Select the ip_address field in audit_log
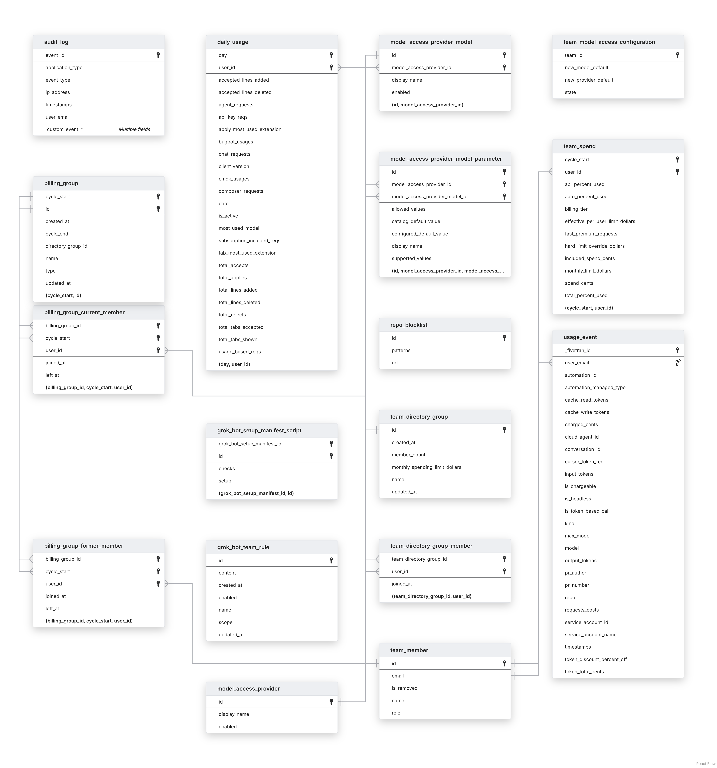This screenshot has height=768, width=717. (x=58, y=92)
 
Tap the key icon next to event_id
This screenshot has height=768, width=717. (x=158, y=55)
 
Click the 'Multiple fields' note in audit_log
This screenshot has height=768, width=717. (x=134, y=129)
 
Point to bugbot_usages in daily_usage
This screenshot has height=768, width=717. (x=236, y=142)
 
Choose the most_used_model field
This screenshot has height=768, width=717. (x=239, y=228)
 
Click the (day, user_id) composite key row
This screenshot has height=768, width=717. (x=234, y=364)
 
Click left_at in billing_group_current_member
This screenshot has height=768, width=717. (x=52, y=375)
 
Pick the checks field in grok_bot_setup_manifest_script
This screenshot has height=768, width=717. (x=227, y=469)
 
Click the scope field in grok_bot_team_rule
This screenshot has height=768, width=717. (x=225, y=622)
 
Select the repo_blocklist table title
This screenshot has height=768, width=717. (x=409, y=325)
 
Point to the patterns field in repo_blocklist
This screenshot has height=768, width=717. (x=401, y=350)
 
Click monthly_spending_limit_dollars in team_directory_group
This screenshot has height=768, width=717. (x=426, y=467)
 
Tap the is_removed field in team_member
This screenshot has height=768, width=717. (x=404, y=688)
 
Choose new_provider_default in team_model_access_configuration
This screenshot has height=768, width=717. (x=589, y=80)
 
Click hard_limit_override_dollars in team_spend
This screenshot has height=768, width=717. (x=594, y=246)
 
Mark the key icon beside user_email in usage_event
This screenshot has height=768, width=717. (x=677, y=363)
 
